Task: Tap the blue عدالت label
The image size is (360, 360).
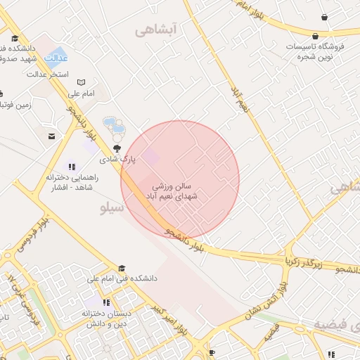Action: [x=56, y=58]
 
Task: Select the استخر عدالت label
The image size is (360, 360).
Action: [x=47, y=74]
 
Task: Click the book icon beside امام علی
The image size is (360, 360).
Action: [x=81, y=83]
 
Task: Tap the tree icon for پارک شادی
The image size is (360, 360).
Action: [x=117, y=148]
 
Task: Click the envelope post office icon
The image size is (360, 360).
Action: [x=51, y=136]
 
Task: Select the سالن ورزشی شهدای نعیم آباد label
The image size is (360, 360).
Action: [x=175, y=191]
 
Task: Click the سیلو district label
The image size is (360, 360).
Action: [x=112, y=208]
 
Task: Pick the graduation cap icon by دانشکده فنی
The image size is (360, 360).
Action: [x=122, y=268]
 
